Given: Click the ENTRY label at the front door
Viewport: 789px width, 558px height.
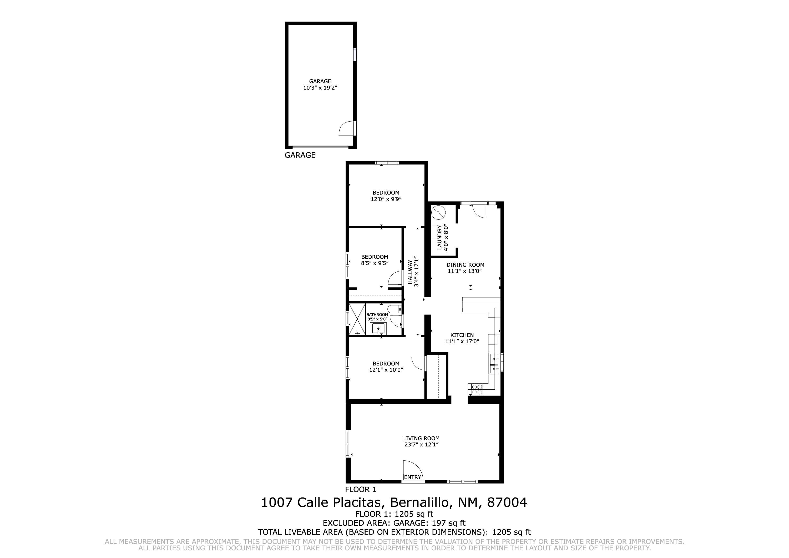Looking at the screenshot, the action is pyautogui.click(x=412, y=477).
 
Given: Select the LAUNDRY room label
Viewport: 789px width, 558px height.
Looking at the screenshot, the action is pyautogui.click(x=439, y=238).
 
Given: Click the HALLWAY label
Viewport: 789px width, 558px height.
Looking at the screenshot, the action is pyautogui.click(x=410, y=272).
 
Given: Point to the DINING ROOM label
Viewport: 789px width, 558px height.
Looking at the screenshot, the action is pyautogui.click(x=465, y=265).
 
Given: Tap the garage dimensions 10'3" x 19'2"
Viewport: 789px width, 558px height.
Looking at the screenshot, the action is pyautogui.click(x=320, y=88).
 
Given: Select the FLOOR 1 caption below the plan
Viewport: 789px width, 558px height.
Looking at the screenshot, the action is pyautogui.click(x=361, y=490).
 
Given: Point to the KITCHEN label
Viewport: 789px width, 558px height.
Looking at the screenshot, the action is pyautogui.click(x=462, y=335).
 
